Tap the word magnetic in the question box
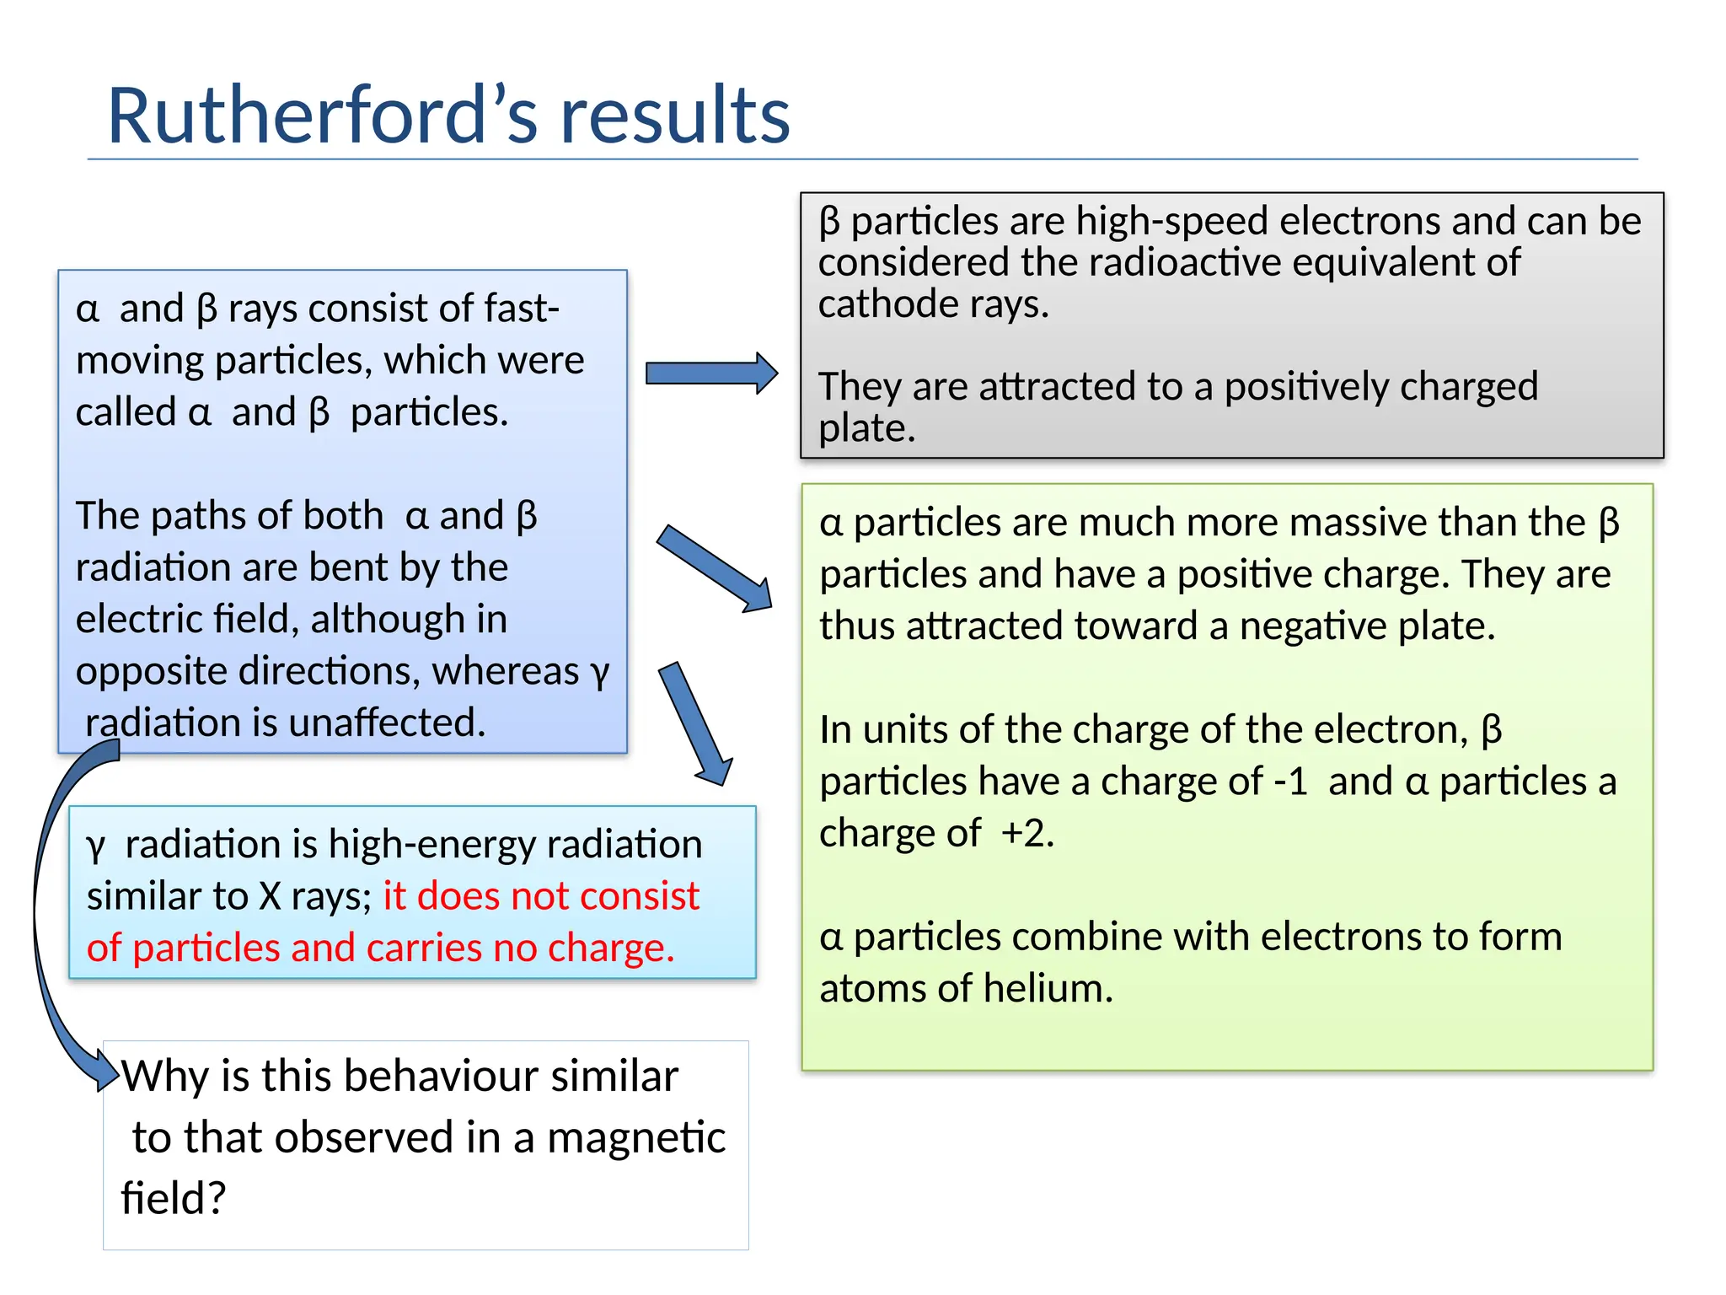[x=636, y=1137]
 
